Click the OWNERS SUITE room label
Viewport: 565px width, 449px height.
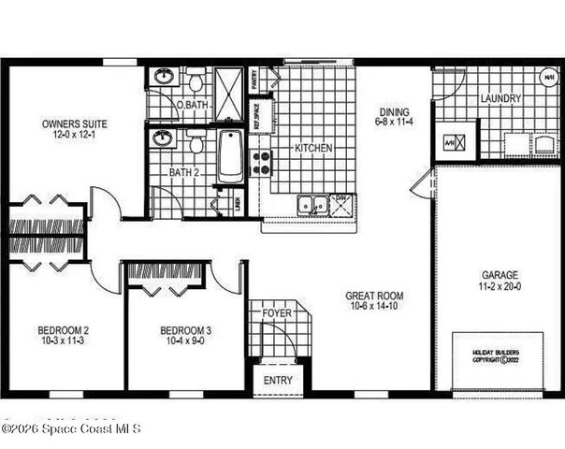[x=74, y=123]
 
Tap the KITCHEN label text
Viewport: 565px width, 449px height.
[x=313, y=148]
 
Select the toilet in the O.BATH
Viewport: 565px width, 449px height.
[x=196, y=81]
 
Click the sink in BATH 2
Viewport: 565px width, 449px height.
[x=164, y=139]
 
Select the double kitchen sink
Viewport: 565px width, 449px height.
[x=311, y=204]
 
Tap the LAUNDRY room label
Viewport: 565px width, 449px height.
[x=500, y=98]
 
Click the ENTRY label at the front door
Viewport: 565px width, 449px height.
[x=278, y=380]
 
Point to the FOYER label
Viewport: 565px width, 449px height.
[x=276, y=312]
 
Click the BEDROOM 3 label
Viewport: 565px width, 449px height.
[x=185, y=330]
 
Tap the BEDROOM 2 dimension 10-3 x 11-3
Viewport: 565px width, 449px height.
[x=63, y=341]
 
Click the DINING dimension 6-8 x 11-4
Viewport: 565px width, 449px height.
[x=393, y=120]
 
